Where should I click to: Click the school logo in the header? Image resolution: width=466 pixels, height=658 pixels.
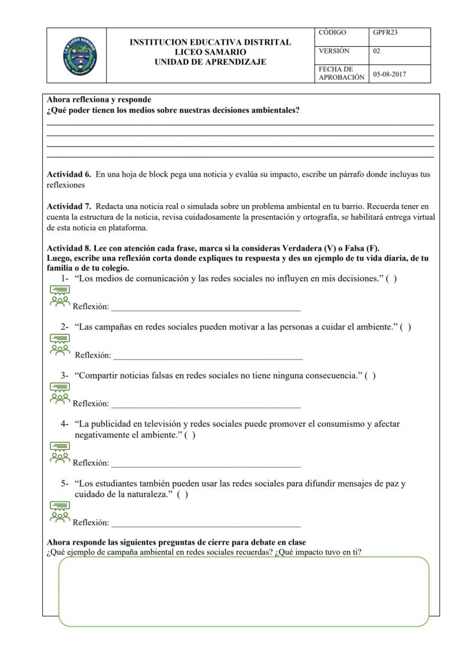[79, 56]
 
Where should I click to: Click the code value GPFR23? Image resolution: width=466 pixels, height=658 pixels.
[385, 33]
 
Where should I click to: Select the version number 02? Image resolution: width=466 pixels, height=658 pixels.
[377, 51]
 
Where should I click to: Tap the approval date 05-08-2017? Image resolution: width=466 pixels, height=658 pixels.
[389, 74]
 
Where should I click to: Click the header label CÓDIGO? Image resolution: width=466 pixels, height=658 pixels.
[332, 33]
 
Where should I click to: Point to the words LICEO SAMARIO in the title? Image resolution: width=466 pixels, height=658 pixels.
[210, 52]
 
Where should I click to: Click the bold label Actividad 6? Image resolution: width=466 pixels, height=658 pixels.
[69, 175]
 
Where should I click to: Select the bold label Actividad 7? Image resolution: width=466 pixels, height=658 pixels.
[69, 207]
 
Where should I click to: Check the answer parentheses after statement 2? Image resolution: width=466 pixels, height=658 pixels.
[405, 327]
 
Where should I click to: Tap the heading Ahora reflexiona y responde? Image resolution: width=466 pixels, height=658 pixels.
[98, 100]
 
